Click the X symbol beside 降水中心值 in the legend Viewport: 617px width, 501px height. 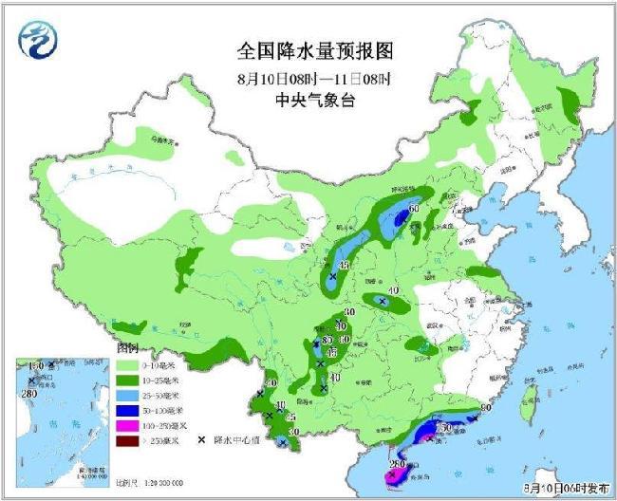(203, 440)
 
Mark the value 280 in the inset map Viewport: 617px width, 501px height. (28, 394)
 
